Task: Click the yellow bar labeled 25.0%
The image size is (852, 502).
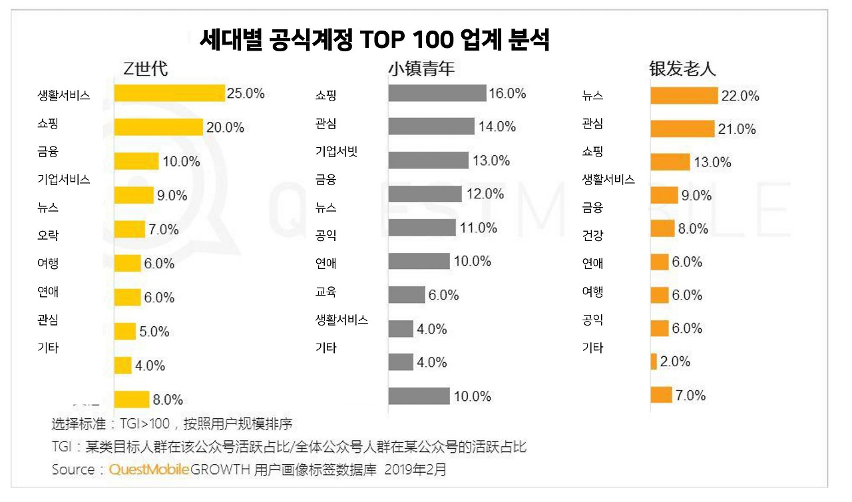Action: (169, 93)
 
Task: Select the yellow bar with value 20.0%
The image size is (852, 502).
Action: (158, 127)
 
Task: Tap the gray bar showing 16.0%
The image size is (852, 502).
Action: (437, 93)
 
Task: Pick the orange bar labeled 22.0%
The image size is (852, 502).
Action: (684, 96)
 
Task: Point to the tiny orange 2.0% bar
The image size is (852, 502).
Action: (654, 362)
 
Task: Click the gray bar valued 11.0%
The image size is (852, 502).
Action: (422, 228)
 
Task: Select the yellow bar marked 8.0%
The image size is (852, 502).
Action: (131, 399)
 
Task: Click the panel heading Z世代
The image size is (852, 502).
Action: (146, 69)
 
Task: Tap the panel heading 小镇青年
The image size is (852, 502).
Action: (421, 69)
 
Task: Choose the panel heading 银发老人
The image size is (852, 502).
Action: (683, 69)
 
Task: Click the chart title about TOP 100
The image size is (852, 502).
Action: (375, 41)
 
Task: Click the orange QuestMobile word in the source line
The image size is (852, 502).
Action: (150, 469)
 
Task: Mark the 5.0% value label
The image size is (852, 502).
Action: (154, 332)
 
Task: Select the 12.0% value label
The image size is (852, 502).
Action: (485, 194)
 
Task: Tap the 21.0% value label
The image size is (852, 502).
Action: (737, 130)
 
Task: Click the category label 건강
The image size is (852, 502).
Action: (592, 236)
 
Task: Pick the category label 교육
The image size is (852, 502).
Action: (325, 292)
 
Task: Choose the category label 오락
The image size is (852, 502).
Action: (48, 236)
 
